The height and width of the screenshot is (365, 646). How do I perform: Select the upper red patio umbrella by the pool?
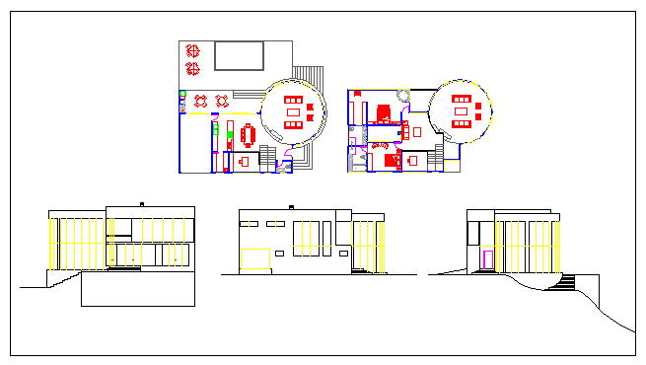pyautogui.click(x=193, y=49)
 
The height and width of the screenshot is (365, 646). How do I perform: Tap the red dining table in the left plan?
pyautogui.click(x=249, y=133)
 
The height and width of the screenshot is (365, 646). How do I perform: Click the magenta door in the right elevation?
pyautogui.click(x=487, y=260)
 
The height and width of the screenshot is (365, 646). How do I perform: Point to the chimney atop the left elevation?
pyautogui.click(x=142, y=203)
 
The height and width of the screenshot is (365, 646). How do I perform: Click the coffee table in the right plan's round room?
pyautogui.click(x=461, y=111)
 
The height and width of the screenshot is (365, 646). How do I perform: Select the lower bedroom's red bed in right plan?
pyautogui.click(x=392, y=160)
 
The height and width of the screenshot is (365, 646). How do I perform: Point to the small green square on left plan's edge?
pyautogui.click(x=182, y=95)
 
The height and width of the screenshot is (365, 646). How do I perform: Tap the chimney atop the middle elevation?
pyautogui.click(x=290, y=206)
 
